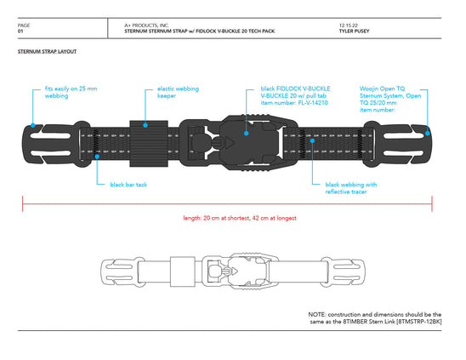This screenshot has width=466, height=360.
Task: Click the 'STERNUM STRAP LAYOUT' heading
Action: point(47,51)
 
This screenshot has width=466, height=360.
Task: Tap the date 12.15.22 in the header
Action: point(349,26)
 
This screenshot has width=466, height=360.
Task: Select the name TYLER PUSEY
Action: point(354,31)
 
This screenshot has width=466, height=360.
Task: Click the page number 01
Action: point(20,31)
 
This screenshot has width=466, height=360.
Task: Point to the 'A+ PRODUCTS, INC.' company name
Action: point(146,26)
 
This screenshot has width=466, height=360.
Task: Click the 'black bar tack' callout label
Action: point(128,185)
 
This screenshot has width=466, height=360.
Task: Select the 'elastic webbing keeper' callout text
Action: point(178,92)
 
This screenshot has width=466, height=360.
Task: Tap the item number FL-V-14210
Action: point(313,103)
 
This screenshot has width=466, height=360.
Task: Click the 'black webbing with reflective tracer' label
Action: point(351,188)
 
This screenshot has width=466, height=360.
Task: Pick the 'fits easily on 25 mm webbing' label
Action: point(71,92)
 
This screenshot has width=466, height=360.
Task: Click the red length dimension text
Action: point(240,218)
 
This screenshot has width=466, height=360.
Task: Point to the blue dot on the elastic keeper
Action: point(145,125)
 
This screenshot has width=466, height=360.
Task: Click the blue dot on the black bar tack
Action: point(97,157)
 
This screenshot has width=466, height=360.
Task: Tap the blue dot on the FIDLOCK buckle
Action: point(246,134)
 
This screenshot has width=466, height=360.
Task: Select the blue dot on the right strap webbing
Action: point(312,140)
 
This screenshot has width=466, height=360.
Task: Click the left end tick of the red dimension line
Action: point(23,203)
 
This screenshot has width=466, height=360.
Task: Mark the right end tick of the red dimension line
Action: point(432,203)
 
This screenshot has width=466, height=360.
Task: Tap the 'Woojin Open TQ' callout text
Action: point(382,89)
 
